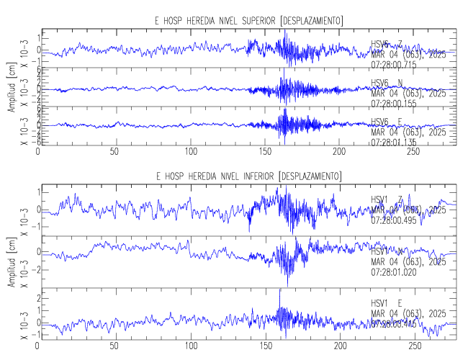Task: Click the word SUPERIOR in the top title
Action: coord(253,19)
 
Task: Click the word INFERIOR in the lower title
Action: coord(253,176)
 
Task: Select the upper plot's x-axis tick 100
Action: coord(191,152)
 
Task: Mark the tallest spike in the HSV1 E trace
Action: coord(279,290)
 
